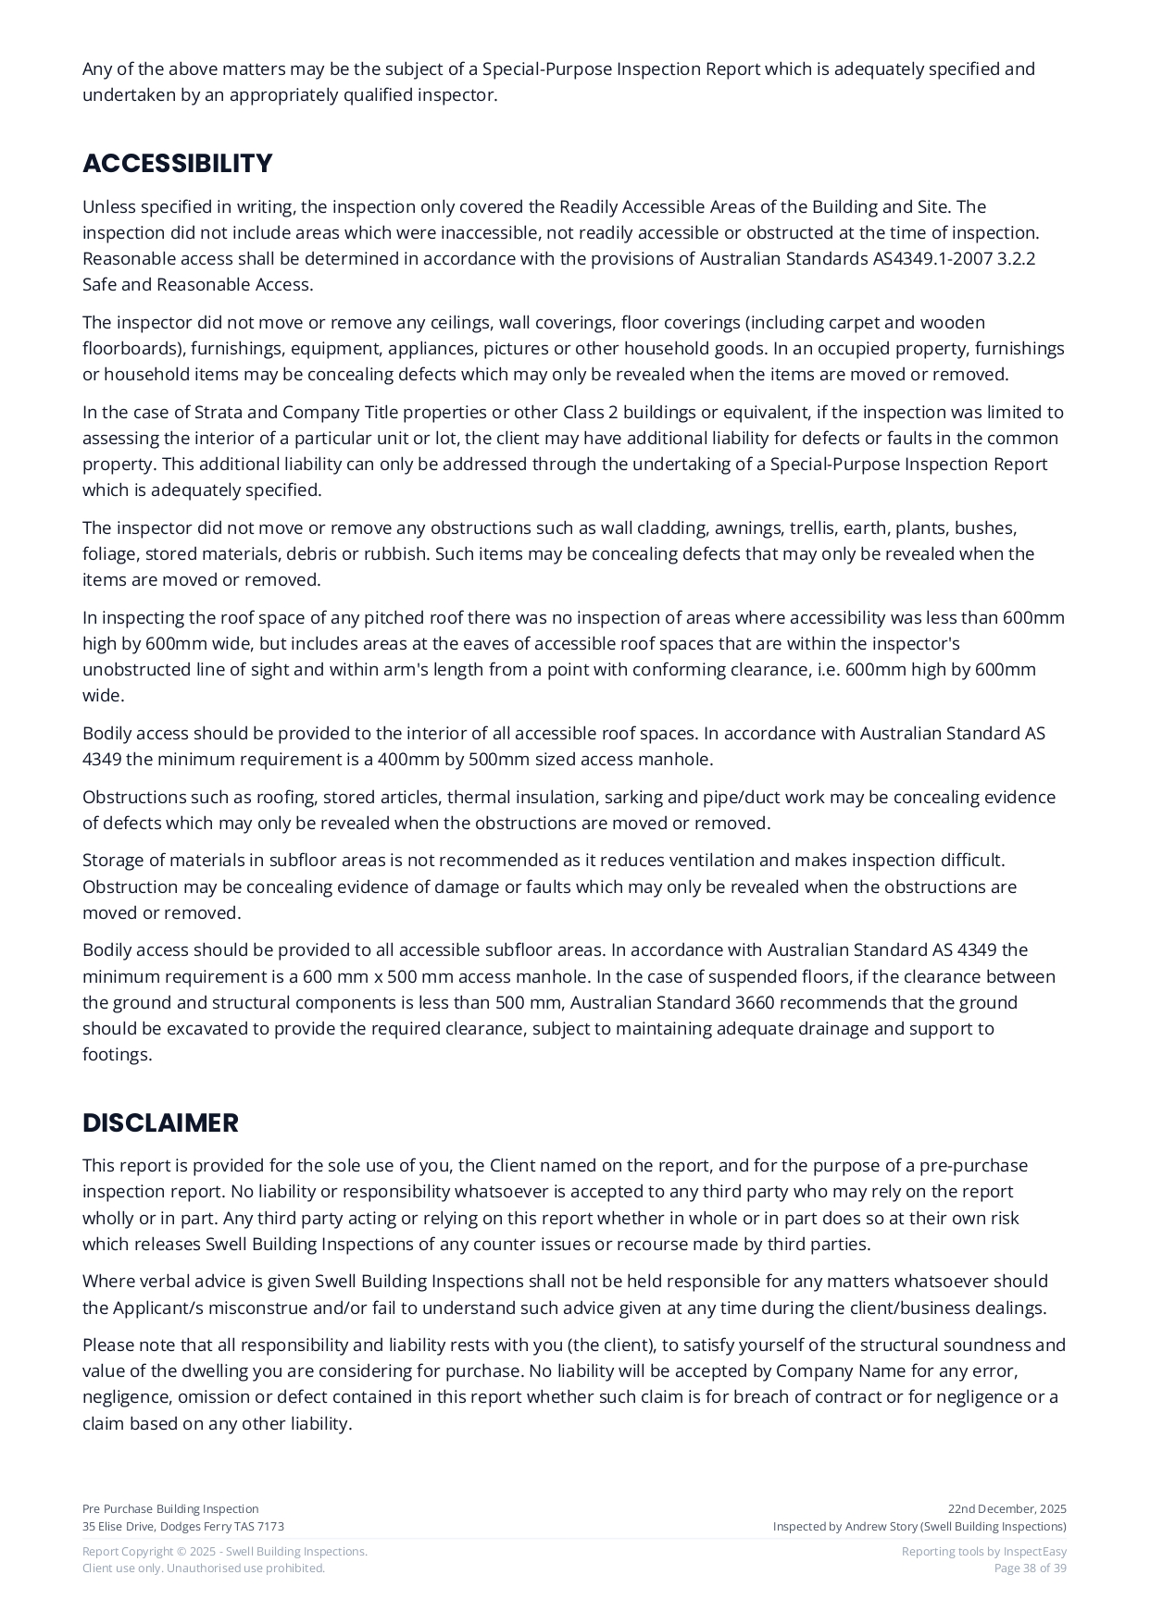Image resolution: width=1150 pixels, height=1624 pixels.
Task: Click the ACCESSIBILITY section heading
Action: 177,163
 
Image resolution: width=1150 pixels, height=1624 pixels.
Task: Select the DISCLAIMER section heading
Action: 160,1122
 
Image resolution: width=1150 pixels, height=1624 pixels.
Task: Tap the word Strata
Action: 218,412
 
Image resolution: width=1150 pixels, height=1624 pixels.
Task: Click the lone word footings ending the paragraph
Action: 117,1054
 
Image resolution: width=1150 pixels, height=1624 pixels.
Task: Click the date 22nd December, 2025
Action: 1006,1508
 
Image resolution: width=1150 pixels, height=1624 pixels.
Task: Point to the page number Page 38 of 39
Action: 1030,1568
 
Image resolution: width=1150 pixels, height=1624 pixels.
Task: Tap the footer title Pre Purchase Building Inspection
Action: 170,1508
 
